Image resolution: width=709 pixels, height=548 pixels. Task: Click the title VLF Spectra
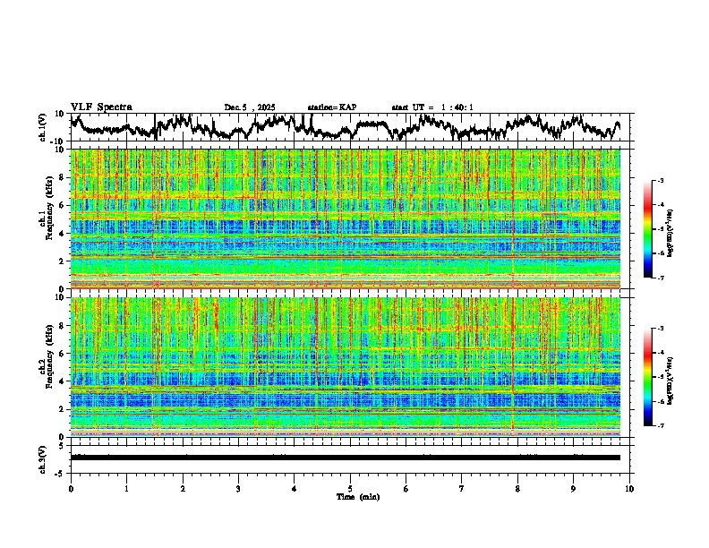click(x=101, y=107)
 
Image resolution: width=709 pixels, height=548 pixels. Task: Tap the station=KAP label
click(x=332, y=107)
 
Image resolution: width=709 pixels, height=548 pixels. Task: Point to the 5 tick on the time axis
click(x=350, y=489)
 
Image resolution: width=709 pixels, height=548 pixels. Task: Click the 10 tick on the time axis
click(x=629, y=489)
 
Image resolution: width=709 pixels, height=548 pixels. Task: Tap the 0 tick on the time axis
click(x=71, y=489)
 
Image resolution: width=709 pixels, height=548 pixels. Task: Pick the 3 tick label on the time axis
click(x=238, y=489)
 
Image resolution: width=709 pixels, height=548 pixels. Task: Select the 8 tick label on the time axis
click(x=517, y=489)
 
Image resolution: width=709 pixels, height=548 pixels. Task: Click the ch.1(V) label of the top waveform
click(x=43, y=127)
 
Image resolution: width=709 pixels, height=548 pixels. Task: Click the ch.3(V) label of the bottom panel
click(x=43, y=458)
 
